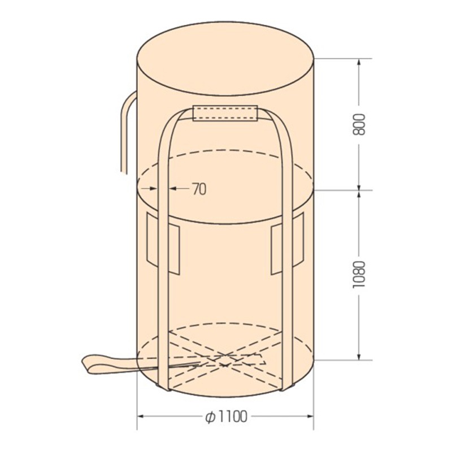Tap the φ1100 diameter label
tap(226, 417)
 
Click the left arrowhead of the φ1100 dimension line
tap(142, 417)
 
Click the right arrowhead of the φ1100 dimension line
tap(310, 417)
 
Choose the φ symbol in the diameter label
tap(208, 417)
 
